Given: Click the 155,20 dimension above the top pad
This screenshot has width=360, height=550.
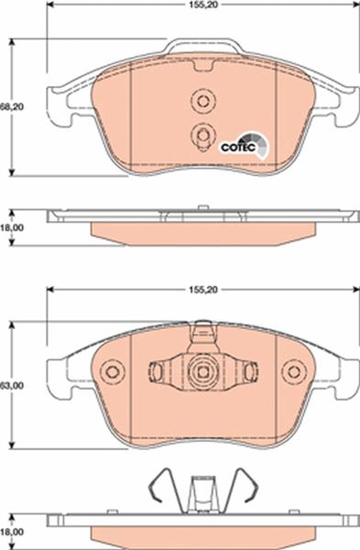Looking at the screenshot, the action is (x=203, y=5).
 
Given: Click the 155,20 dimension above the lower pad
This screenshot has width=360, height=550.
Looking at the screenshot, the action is (x=203, y=290).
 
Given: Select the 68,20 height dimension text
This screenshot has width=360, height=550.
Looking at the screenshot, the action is (x=12, y=107).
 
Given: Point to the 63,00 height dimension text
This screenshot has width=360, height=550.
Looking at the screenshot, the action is (x=12, y=386).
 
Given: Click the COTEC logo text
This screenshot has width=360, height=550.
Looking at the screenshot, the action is (x=237, y=148).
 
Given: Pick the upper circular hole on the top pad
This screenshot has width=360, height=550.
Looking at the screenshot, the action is (x=203, y=101).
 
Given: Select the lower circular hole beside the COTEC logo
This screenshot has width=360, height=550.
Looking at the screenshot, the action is (x=203, y=135).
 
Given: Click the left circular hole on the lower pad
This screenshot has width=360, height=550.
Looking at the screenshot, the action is (x=113, y=372).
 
